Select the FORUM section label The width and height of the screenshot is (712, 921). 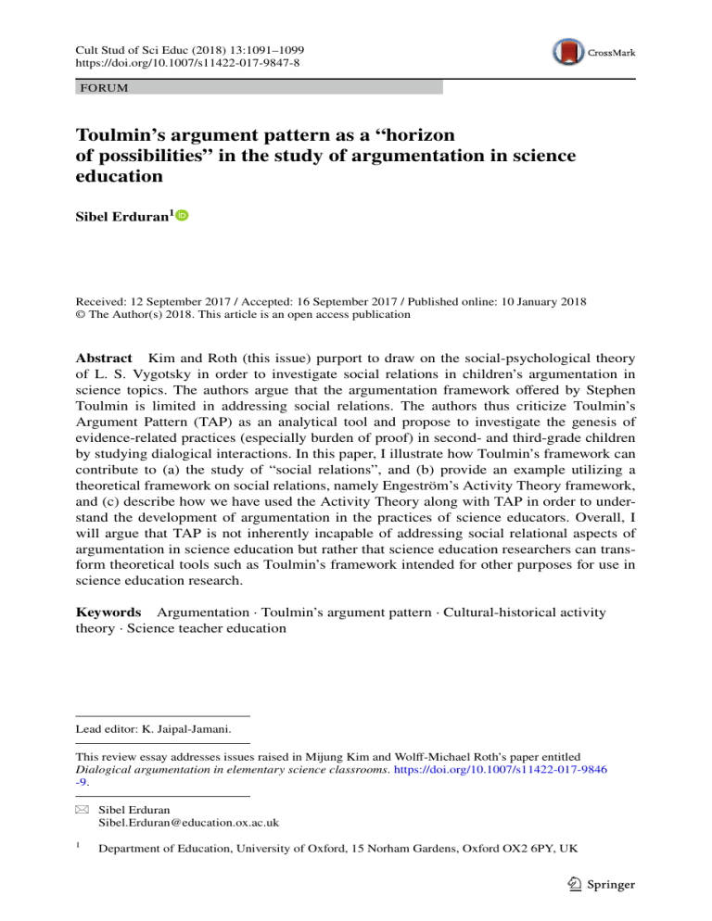click(103, 88)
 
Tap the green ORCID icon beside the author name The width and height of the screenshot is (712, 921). click(182, 216)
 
